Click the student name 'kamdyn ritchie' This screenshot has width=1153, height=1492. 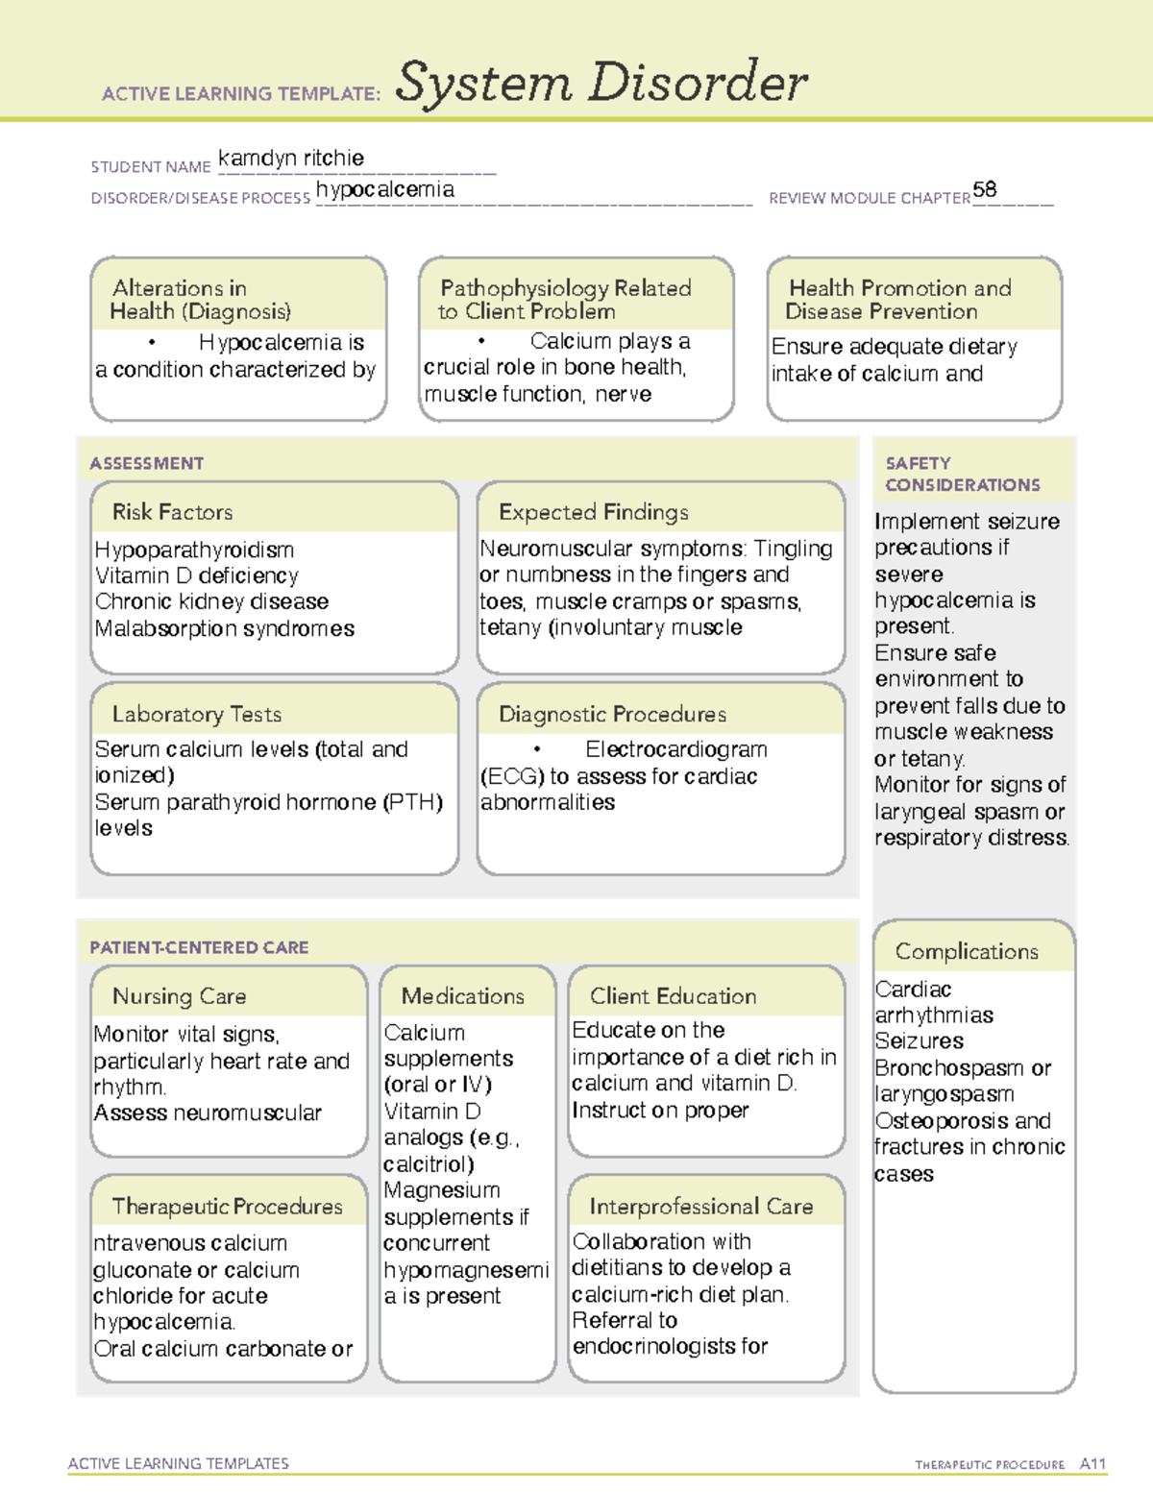(290, 159)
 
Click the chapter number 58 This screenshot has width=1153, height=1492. (984, 189)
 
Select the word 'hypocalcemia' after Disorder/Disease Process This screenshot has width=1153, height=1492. (384, 189)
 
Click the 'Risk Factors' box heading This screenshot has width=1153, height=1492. (172, 512)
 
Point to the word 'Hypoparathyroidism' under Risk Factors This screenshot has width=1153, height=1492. (194, 550)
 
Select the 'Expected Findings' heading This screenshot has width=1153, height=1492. (593, 512)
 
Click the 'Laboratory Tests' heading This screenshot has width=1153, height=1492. (196, 714)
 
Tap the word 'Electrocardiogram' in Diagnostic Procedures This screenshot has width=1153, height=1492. (675, 749)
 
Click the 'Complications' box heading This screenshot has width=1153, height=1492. (966, 951)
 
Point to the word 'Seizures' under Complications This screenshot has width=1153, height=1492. (919, 1041)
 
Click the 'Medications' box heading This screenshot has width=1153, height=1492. (462, 996)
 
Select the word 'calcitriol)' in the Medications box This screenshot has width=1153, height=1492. (428, 1164)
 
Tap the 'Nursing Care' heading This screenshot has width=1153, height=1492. (179, 996)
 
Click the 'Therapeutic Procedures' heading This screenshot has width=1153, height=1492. (227, 1206)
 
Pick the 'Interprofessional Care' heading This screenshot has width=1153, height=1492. (700, 1206)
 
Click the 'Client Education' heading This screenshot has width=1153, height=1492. (673, 996)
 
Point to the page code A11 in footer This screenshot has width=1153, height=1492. (1092, 1464)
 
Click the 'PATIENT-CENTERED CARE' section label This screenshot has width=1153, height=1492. (199, 947)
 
